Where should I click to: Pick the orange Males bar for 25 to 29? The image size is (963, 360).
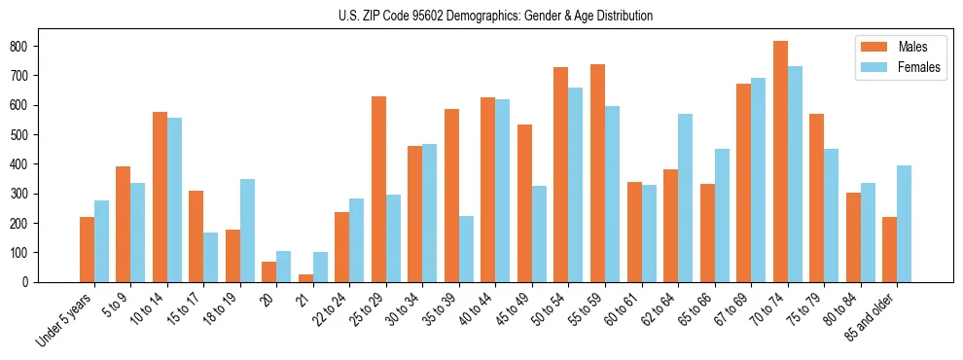(x=378, y=189)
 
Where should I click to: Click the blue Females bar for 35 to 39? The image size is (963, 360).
(x=466, y=249)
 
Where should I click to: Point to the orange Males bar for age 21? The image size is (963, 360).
(x=305, y=278)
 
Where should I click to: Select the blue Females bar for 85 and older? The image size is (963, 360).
(x=904, y=224)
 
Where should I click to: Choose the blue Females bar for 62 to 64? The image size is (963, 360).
(x=685, y=198)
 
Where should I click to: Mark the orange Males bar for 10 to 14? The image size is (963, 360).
(x=160, y=197)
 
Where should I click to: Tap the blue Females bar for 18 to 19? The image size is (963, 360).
(x=247, y=231)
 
